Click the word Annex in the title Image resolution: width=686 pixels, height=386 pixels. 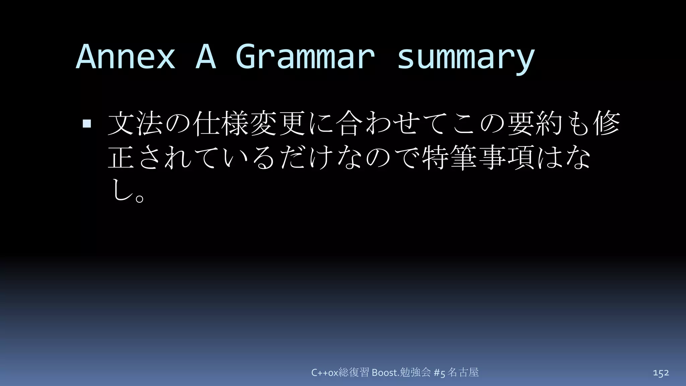[x=126, y=57]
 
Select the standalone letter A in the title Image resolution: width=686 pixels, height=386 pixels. [x=206, y=57]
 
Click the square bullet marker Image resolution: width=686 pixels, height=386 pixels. [x=87, y=124]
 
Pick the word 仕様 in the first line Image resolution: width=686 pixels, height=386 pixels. [x=221, y=123]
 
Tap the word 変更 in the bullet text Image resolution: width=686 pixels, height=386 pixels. [x=278, y=123]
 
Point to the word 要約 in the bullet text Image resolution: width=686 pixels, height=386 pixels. [x=535, y=123]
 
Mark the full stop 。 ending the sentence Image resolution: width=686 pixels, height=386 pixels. [x=140, y=197]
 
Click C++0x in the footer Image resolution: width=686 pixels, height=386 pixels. [x=325, y=373]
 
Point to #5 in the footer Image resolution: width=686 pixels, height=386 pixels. [x=439, y=373]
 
